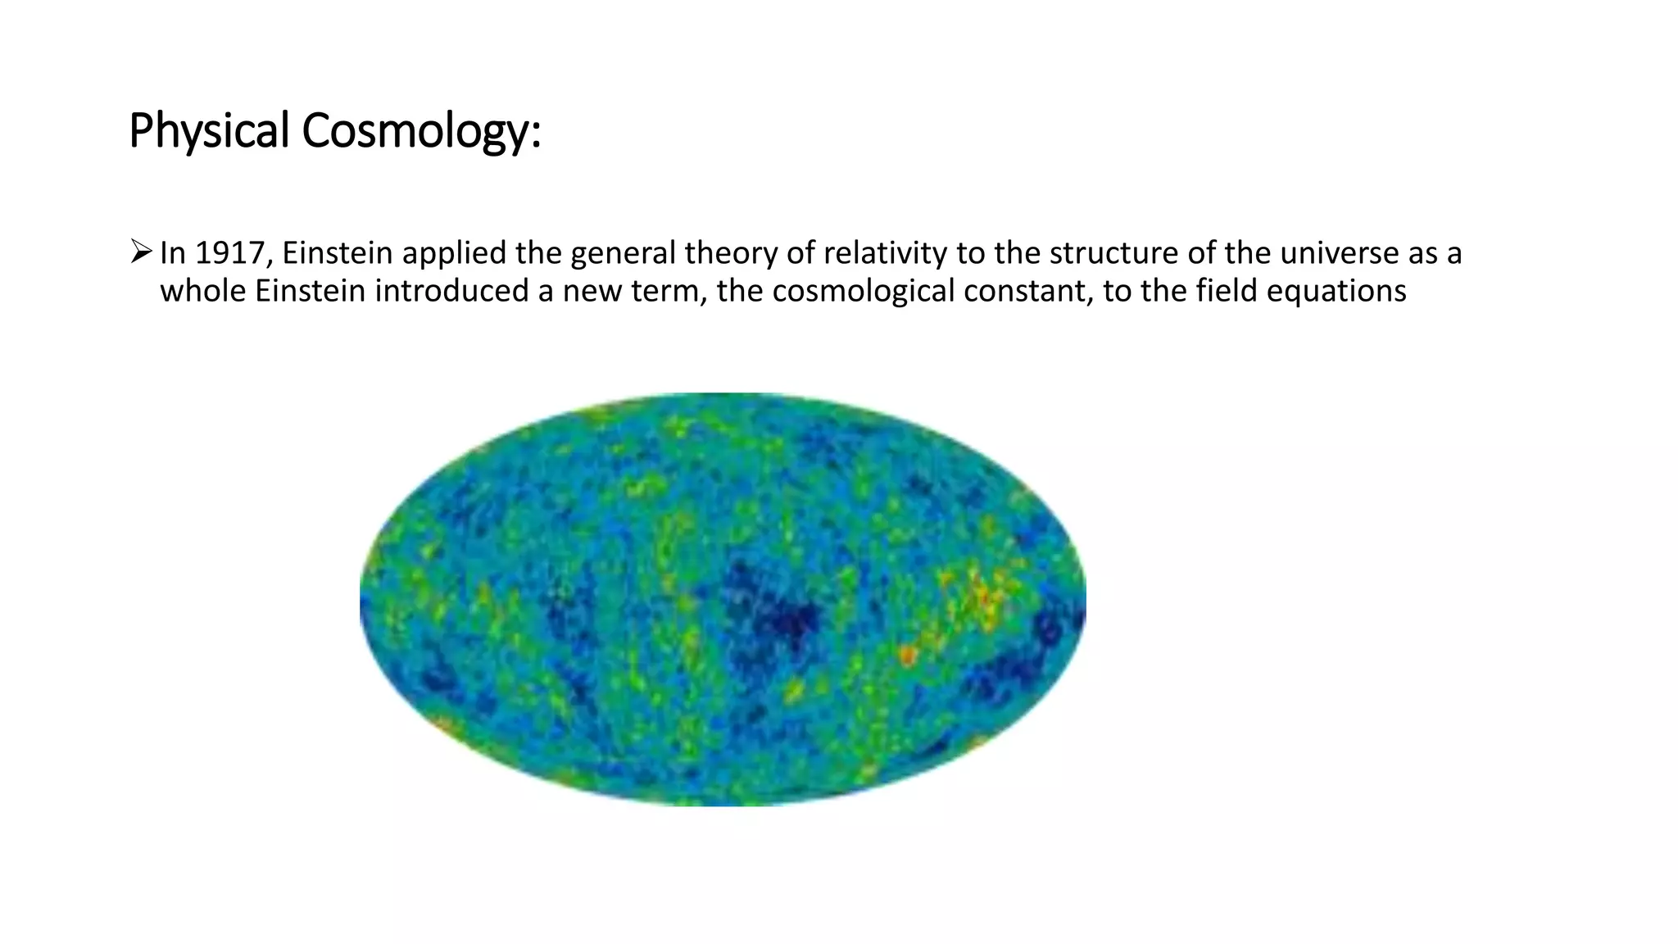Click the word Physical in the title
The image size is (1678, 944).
209,131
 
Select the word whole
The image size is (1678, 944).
202,291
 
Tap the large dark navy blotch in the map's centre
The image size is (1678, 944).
778,615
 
